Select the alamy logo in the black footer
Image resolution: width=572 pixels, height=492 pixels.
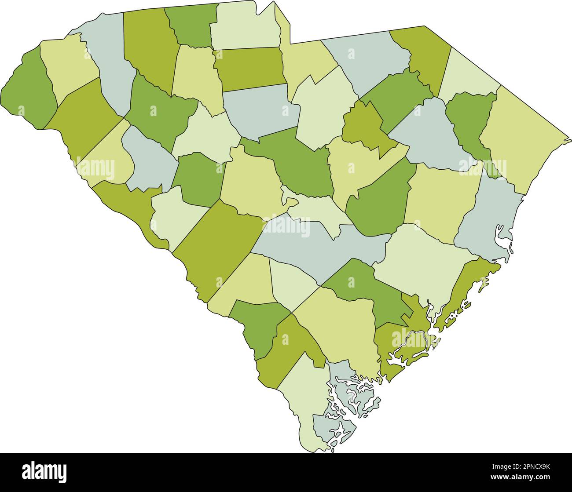point(45,472)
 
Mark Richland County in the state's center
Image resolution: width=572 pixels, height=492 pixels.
point(304,163)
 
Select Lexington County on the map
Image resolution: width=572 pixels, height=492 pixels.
point(251,180)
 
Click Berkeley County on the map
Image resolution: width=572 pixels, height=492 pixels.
point(418,259)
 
